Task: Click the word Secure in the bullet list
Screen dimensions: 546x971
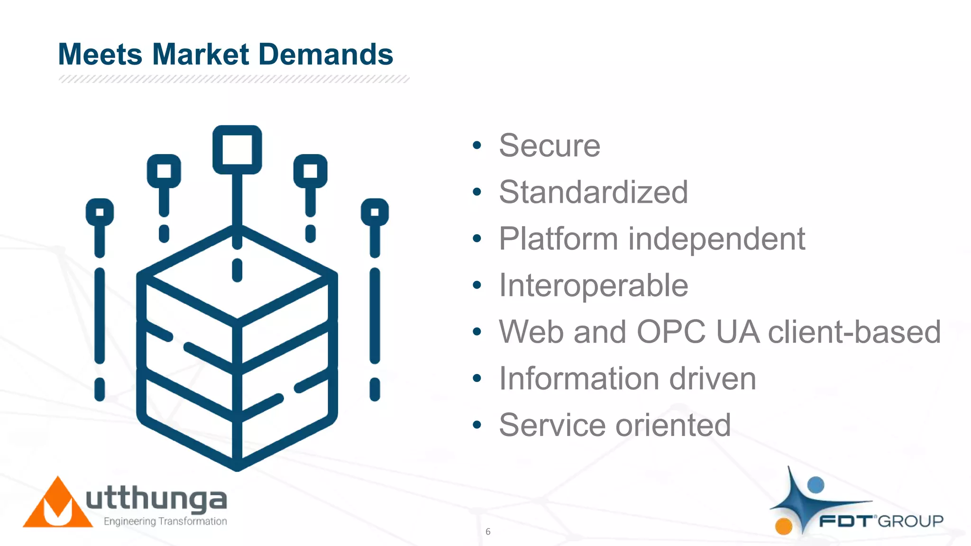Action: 550,146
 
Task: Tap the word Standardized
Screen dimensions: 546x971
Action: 593,192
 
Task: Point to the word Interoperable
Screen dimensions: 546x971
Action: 593,285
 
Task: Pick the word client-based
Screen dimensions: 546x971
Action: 854,332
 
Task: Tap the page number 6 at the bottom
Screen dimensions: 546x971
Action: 488,532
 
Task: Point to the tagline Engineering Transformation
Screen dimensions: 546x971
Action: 165,521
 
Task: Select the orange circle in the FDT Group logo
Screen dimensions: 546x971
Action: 784,526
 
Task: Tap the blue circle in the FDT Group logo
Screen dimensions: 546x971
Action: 815,485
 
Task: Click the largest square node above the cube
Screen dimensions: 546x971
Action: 237,150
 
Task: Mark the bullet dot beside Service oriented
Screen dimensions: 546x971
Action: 477,425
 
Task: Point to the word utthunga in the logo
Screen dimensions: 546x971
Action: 156,499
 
